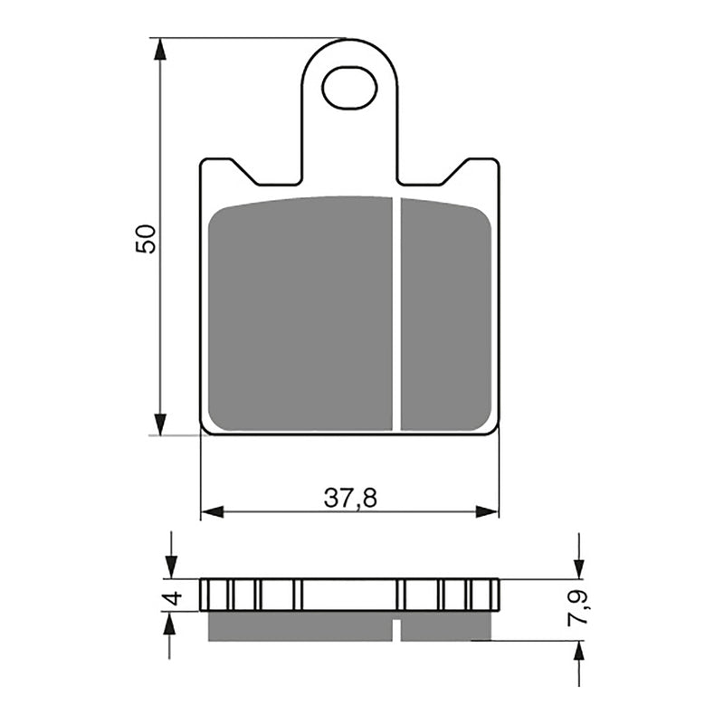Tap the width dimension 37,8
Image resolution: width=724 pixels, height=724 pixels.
(350, 497)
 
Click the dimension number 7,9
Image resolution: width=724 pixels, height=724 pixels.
(580, 607)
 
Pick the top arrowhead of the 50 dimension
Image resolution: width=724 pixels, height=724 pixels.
(160, 50)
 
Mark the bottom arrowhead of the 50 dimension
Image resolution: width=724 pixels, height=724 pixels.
(160, 424)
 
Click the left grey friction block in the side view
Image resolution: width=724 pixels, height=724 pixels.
(300, 626)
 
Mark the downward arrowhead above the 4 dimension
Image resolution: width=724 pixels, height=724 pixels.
(169, 567)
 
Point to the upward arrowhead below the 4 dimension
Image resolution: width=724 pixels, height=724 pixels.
(169, 623)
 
